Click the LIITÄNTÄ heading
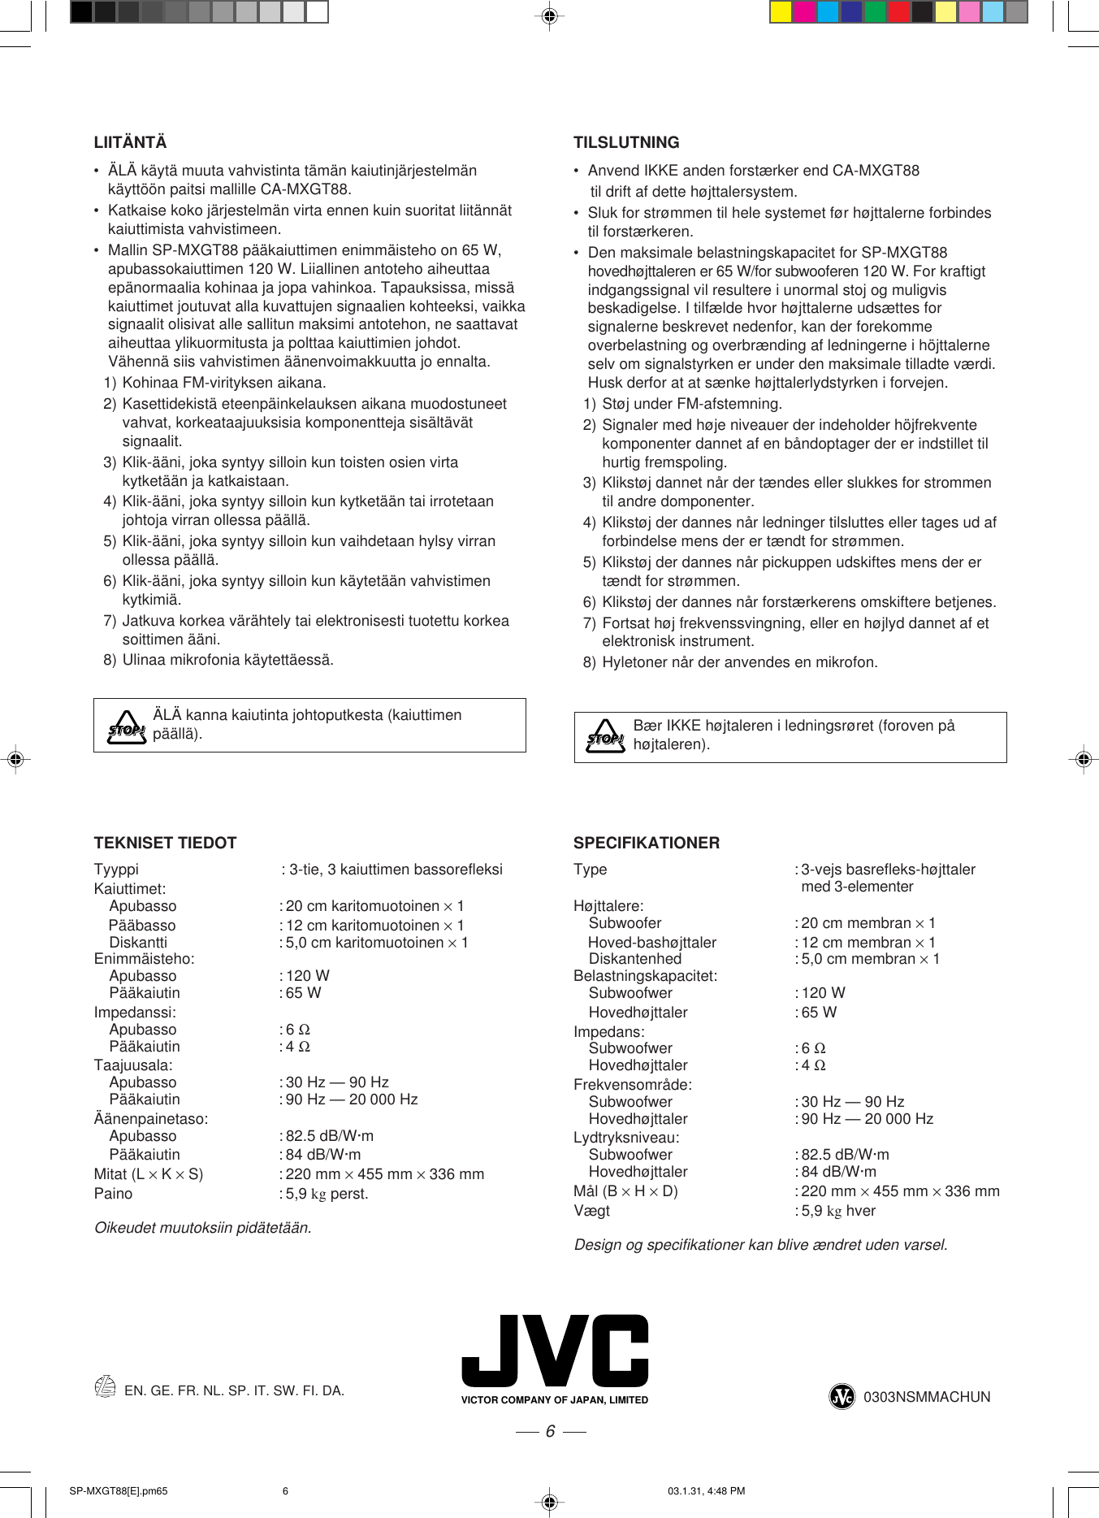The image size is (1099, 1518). point(130,142)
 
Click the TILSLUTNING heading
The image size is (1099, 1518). point(625,142)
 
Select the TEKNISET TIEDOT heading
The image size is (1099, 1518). point(165,843)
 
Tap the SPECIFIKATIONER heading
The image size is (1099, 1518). point(646,843)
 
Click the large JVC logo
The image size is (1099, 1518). point(555,1351)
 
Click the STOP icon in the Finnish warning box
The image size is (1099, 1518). point(127,726)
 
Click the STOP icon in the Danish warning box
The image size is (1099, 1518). point(605,736)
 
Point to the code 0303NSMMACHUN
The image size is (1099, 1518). point(926,1397)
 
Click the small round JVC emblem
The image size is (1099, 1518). point(842,1397)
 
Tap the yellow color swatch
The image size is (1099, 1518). point(780,11)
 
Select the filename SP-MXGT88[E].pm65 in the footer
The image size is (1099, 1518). point(119,1491)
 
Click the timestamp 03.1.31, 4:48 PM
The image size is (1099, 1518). point(706,1491)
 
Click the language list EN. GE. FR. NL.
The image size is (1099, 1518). point(234,1390)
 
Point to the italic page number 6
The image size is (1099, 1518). point(550,1431)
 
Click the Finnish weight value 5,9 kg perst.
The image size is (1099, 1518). point(327,1194)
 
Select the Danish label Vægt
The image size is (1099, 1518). point(591,1211)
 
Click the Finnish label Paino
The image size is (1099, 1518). point(113,1194)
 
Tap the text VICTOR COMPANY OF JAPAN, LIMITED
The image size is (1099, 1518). point(554,1400)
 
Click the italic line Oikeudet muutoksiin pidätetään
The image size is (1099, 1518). point(203,1228)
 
